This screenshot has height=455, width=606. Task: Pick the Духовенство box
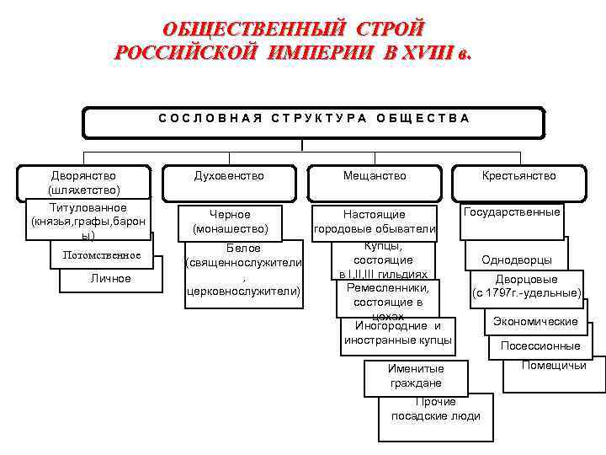click(x=229, y=176)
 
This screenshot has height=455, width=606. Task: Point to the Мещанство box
click(x=375, y=176)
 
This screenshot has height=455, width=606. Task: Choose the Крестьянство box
click(x=518, y=176)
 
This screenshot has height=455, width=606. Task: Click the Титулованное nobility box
click(x=88, y=222)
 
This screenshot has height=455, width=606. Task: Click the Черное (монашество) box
click(x=231, y=222)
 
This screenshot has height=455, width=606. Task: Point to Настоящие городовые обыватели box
click(x=375, y=222)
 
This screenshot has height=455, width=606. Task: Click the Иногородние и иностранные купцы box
click(x=398, y=334)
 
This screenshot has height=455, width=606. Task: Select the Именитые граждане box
click(x=416, y=376)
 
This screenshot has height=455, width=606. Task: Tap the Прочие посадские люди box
click(x=436, y=409)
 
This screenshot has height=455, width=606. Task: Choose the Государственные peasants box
click(x=512, y=213)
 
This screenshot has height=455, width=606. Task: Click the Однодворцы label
click(x=517, y=260)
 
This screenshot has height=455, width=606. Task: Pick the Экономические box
click(x=535, y=322)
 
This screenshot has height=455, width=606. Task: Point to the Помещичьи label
click(x=554, y=366)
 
